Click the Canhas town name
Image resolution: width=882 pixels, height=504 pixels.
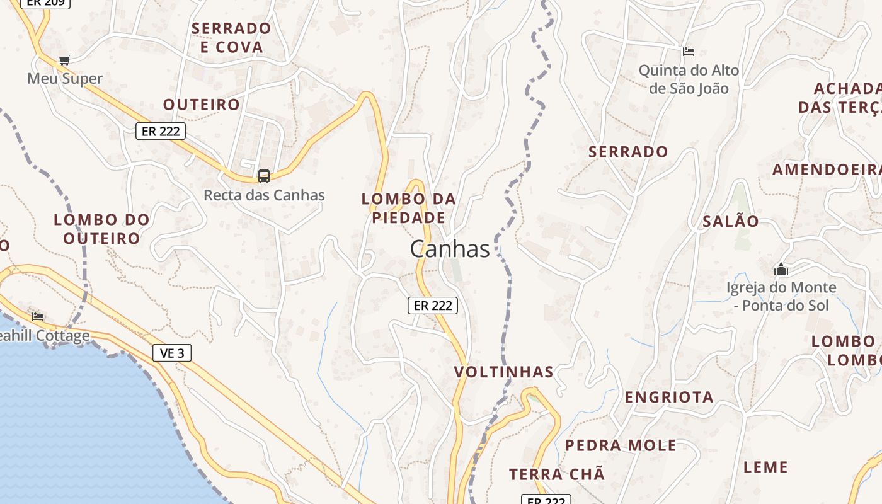point(450,249)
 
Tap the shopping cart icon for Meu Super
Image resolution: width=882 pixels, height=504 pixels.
point(64,60)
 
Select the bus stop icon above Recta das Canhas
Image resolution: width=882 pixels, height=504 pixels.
point(264,176)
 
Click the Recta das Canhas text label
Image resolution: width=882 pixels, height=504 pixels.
point(264,195)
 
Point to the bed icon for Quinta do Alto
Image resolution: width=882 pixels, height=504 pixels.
point(689,51)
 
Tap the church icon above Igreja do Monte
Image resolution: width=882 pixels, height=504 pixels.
point(781,269)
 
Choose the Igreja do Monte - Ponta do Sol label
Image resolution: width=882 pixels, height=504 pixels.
point(781,296)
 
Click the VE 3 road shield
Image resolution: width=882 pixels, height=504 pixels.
point(172,353)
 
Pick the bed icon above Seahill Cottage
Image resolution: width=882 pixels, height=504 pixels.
point(38,316)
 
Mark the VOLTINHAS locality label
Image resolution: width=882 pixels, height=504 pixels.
point(504,372)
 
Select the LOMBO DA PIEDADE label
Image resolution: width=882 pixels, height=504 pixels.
point(408,209)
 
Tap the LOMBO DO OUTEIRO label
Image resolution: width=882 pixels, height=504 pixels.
point(101,229)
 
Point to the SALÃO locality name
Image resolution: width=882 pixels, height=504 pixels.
point(731,221)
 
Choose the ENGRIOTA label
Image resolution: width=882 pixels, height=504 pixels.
point(669,397)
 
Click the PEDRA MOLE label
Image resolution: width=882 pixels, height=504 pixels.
point(621,445)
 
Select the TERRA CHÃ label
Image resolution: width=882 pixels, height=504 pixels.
point(557,474)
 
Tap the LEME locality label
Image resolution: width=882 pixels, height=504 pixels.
point(765,467)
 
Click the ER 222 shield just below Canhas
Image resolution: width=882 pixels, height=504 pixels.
point(433,306)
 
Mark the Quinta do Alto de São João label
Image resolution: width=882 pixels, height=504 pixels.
point(689,79)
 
